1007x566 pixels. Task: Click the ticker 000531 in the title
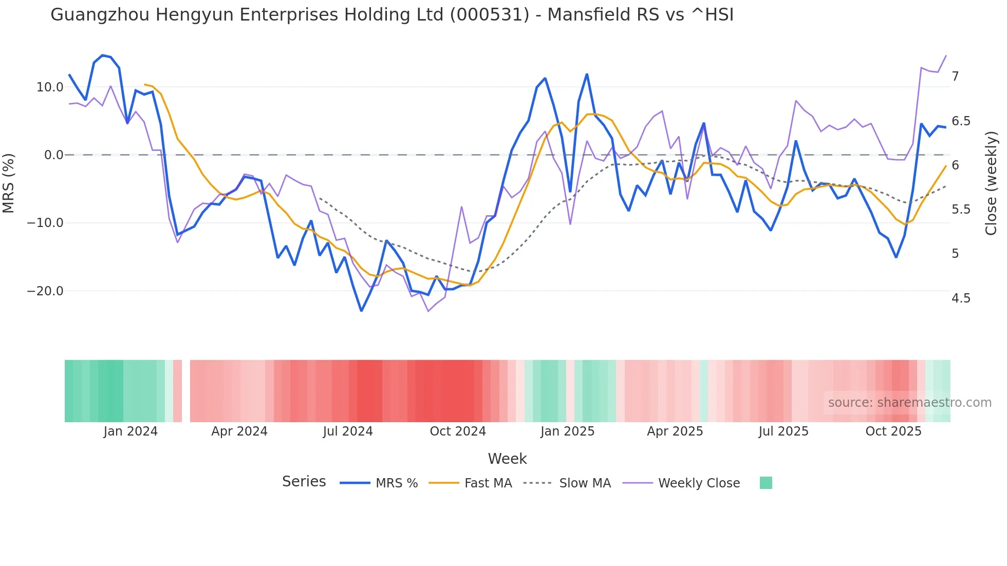coord(489,15)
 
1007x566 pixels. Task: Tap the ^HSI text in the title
coord(712,15)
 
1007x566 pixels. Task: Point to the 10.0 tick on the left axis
coord(50,87)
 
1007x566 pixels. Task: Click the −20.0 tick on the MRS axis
coord(45,291)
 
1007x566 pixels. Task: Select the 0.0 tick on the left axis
coord(53,155)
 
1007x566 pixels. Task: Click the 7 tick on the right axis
coord(955,77)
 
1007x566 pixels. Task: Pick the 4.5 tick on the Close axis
coord(961,298)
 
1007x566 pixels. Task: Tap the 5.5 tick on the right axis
coord(961,210)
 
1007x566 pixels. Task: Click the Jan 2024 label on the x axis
coord(130,431)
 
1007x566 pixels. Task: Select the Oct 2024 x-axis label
coord(458,431)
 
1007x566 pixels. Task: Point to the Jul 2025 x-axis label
coord(784,431)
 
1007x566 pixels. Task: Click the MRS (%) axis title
coord(9,183)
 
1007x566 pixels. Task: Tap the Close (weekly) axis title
coord(991,183)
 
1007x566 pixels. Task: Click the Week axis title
coord(507,459)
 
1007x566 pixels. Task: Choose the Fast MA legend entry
coord(488,483)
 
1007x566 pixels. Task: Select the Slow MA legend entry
coord(585,483)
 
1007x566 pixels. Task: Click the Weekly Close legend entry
coord(699,483)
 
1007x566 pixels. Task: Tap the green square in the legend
coord(766,483)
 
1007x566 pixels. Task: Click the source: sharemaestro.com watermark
coord(909,403)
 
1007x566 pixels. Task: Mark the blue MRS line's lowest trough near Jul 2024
coord(361,311)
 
